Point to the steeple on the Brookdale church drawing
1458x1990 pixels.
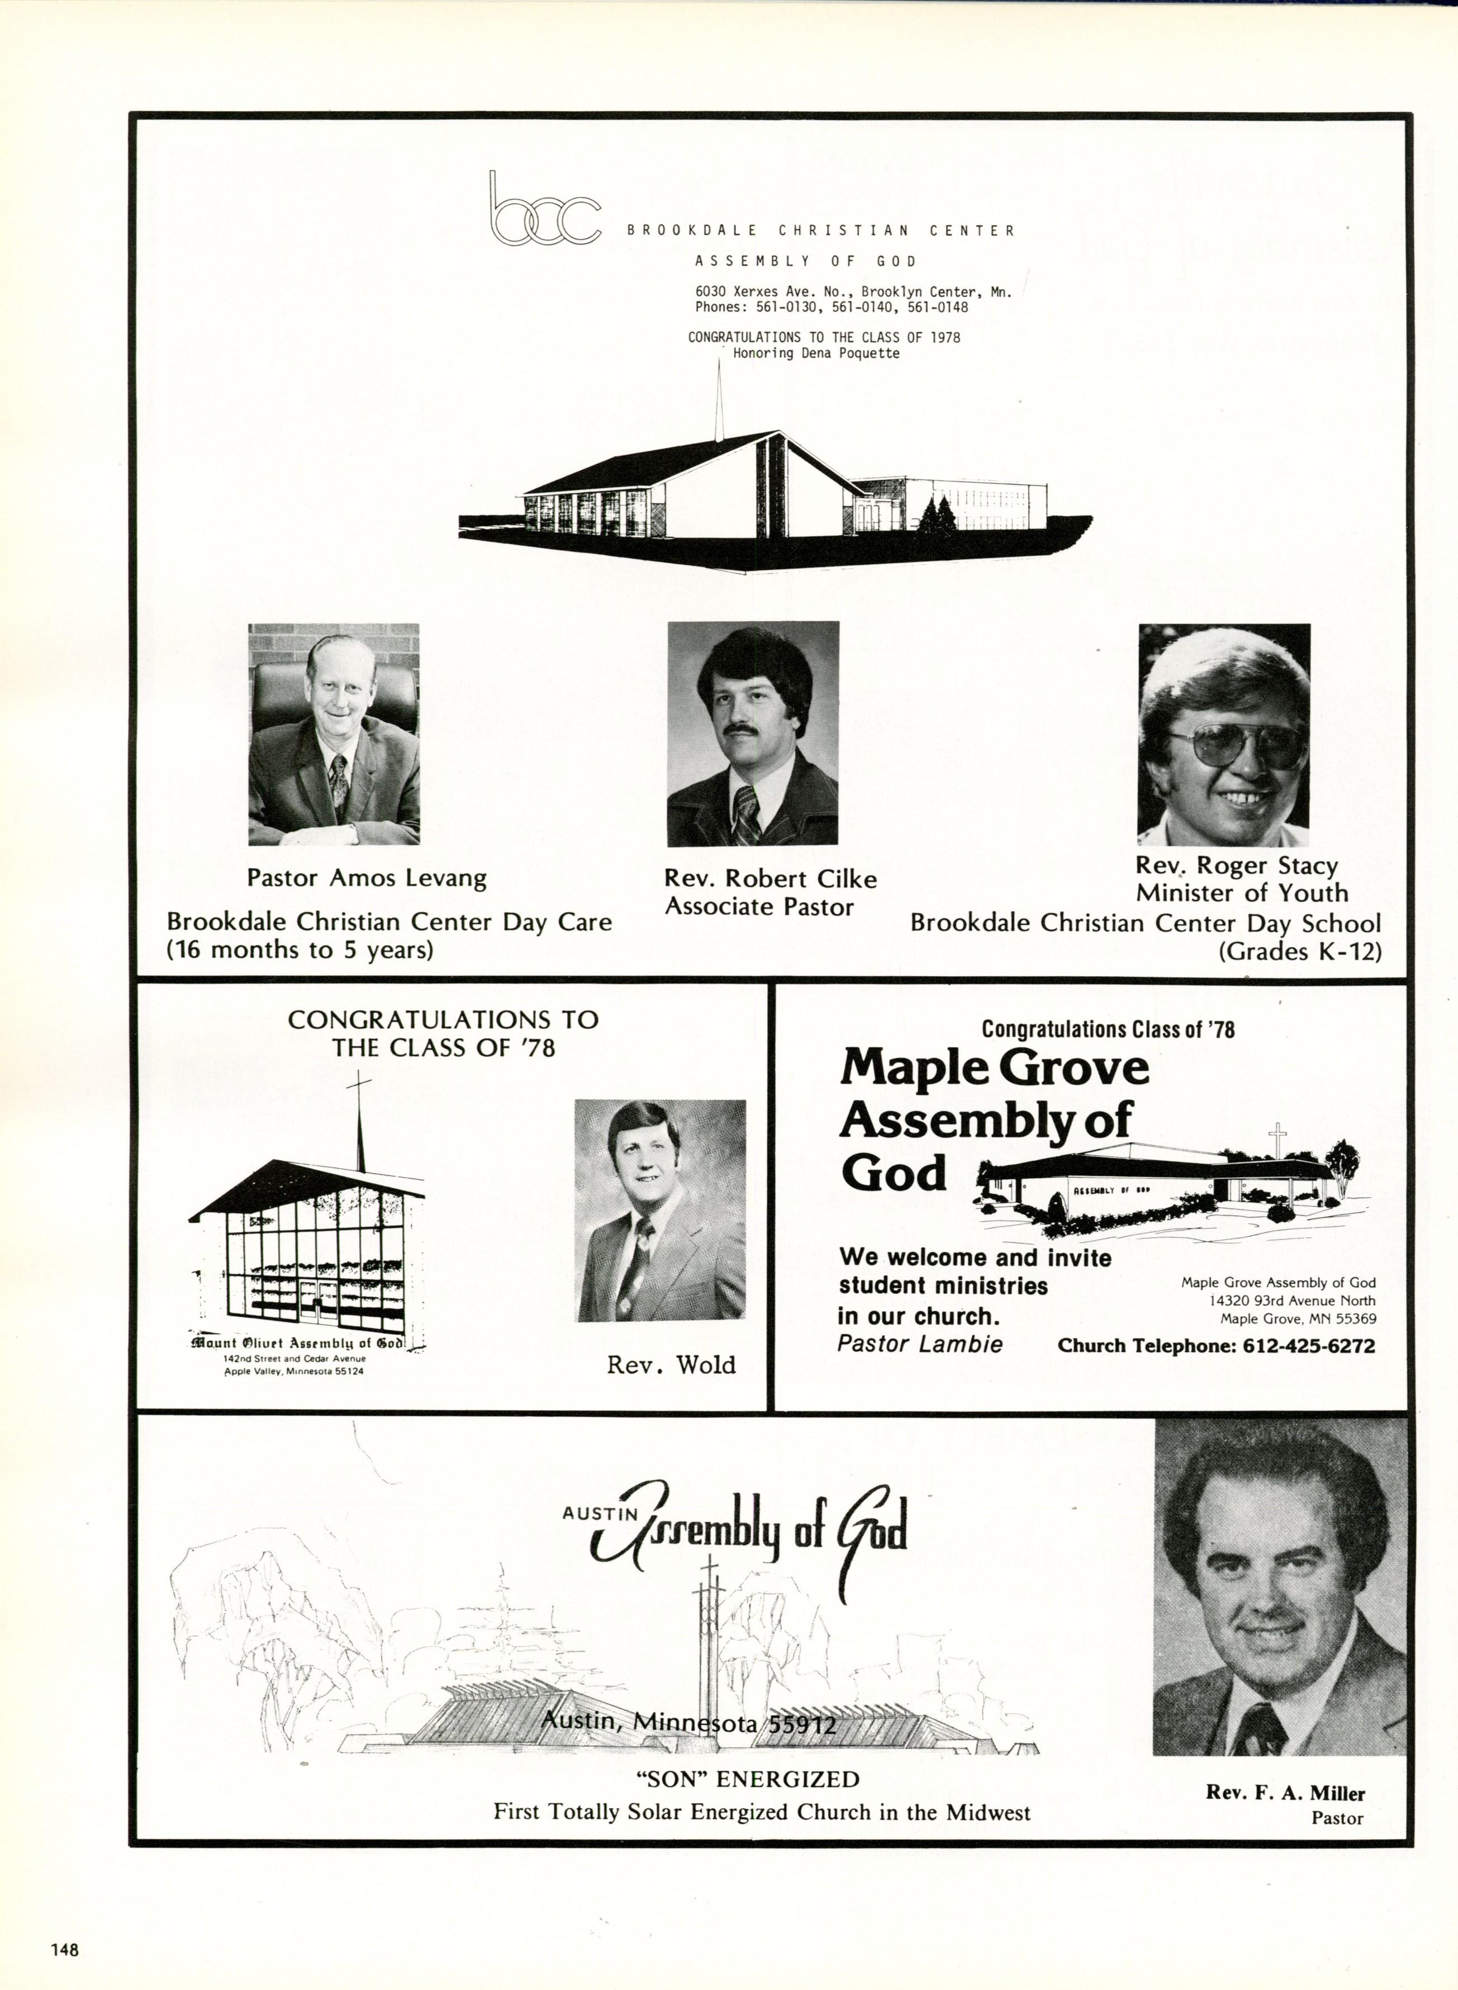719,401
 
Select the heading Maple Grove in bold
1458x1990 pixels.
995,1069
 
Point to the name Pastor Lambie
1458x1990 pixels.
920,1344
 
